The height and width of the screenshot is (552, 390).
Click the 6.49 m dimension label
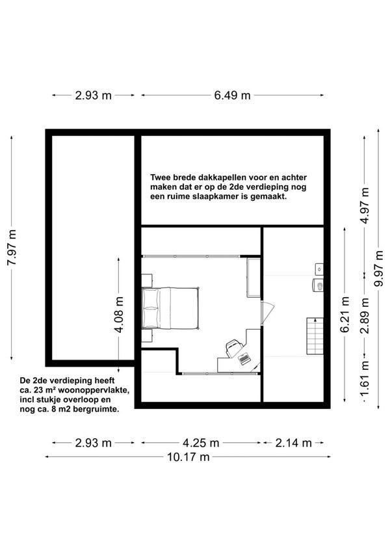coord(232,95)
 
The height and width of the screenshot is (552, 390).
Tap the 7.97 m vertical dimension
coord(12,248)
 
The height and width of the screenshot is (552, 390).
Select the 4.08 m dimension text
coord(120,315)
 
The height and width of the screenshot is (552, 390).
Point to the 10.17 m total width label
coord(188,457)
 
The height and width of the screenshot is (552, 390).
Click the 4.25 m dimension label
coord(201,443)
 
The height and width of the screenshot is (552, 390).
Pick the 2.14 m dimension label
coord(293,443)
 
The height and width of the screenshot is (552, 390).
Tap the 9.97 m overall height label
coord(378,269)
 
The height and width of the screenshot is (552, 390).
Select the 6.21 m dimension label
coord(345,315)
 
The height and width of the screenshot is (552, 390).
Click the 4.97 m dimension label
coord(365,205)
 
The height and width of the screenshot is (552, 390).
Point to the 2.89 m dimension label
coord(365,316)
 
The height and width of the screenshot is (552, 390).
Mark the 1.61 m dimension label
coord(365,382)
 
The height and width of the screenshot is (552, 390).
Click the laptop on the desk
coord(244,358)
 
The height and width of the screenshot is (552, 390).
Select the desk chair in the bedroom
coord(233,347)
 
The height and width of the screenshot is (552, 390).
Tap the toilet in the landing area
coord(318,285)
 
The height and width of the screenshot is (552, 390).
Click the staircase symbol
coord(315,336)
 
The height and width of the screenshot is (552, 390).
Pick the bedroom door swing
coord(267,312)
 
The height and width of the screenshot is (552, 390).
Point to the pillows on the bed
coord(150,308)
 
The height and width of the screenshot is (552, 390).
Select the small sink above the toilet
coord(319,269)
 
